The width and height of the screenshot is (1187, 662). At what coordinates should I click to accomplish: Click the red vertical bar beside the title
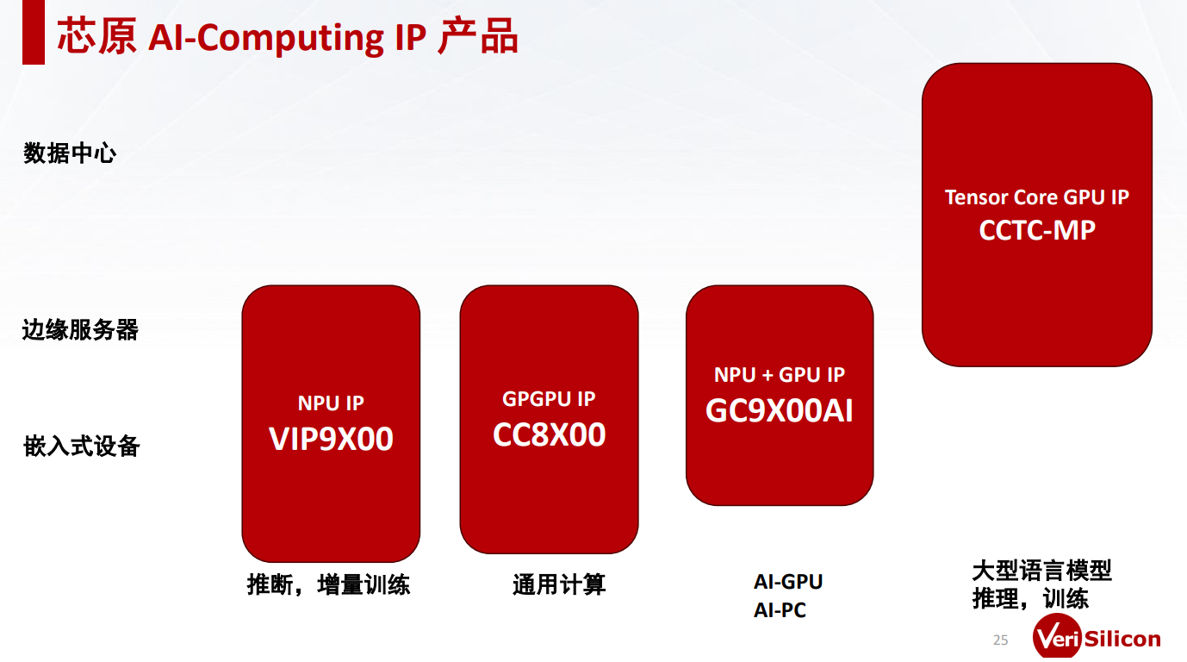pyautogui.click(x=34, y=32)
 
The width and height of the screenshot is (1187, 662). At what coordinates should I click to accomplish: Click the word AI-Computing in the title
pyautogui.click(x=265, y=38)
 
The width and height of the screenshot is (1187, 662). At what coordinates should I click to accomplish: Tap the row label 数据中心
pyautogui.click(x=70, y=153)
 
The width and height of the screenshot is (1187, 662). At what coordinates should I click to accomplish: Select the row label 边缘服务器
pyautogui.click(x=81, y=329)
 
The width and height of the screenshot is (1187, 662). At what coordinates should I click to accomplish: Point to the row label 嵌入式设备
pyautogui.click(x=82, y=447)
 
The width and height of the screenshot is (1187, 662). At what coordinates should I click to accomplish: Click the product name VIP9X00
pyautogui.click(x=331, y=440)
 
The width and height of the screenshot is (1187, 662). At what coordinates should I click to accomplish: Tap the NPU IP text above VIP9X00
pyautogui.click(x=331, y=403)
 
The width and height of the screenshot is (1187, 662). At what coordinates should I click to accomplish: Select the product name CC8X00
pyautogui.click(x=549, y=435)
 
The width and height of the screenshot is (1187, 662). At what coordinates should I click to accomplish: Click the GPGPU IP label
pyautogui.click(x=549, y=399)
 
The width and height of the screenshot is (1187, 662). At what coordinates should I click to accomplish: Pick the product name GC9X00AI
pyautogui.click(x=780, y=411)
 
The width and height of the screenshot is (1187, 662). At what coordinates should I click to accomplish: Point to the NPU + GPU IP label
pyautogui.click(x=780, y=375)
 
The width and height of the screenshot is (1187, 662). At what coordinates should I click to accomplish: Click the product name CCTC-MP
pyautogui.click(x=1037, y=230)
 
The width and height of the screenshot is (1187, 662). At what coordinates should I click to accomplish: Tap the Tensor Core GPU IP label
pyautogui.click(x=1037, y=197)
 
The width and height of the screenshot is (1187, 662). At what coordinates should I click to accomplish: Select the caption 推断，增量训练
pyautogui.click(x=328, y=584)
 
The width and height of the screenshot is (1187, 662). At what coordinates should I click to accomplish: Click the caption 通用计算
pyautogui.click(x=559, y=584)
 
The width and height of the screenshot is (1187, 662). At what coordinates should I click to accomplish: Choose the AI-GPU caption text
pyautogui.click(x=788, y=582)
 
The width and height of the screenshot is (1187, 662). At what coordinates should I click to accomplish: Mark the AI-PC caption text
pyautogui.click(x=780, y=610)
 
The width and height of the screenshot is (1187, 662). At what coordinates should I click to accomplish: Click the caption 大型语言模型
pyautogui.click(x=1041, y=571)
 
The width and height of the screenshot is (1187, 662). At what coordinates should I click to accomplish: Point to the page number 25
pyautogui.click(x=1000, y=640)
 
